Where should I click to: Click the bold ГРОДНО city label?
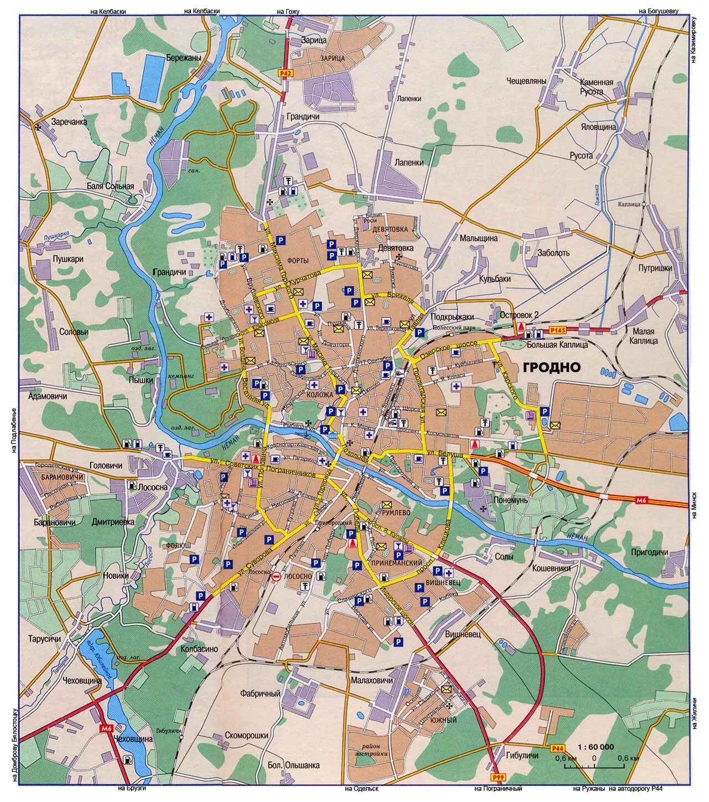(x=550, y=367)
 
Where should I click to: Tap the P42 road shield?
(x=285, y=72)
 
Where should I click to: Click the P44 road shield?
(x=557, y=748)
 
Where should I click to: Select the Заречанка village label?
(x=69, y=122)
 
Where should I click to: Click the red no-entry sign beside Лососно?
(x=276, y=576)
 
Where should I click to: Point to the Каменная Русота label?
(x=596, y=87)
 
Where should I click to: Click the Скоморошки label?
(x=247, y=735)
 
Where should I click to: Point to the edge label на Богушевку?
(x=658, y=10)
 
